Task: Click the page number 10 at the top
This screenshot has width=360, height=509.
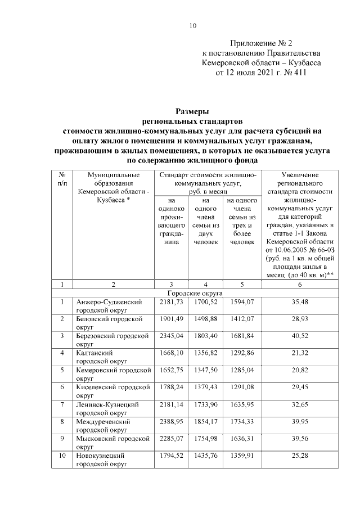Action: (192, 25)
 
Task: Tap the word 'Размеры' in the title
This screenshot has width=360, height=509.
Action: (192, 111)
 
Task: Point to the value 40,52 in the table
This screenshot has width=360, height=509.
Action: (299, 336)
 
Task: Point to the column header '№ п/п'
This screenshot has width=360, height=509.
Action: (62, 179)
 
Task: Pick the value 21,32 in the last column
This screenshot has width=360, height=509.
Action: (299, 353)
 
